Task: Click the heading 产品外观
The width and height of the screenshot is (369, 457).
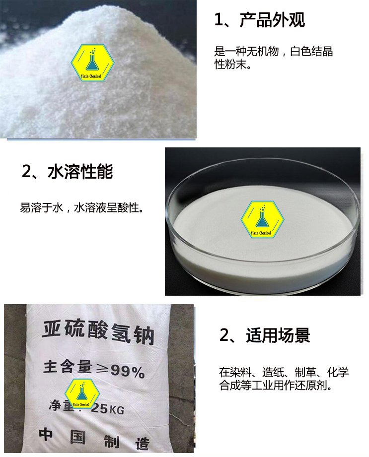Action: click(x=272, y=20)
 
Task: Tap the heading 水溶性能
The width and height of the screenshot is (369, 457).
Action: click(x=80, y=171)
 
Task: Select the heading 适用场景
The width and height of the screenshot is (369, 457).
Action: click(x=278, y=335)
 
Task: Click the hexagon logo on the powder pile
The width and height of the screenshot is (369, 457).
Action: click(x=92, y=63)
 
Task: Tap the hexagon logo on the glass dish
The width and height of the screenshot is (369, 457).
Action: click(x=263, y=219)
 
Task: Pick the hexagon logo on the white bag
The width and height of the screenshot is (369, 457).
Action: click(x=82, y=393)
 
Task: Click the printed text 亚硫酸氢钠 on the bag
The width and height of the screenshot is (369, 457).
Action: click(x=98, y=332)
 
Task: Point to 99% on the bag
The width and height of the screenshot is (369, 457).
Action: click(x=128, y=371)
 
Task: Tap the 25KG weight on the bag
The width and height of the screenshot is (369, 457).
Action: click(x=107, y=409)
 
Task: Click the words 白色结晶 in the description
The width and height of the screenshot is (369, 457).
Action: click(x=311, y=51)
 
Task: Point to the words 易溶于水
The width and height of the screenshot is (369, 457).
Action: click(x=41, y=208)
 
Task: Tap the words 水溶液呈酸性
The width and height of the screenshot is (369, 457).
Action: click(x=106, y=208)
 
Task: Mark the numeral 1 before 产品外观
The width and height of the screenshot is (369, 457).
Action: click(x=219, y=20)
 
